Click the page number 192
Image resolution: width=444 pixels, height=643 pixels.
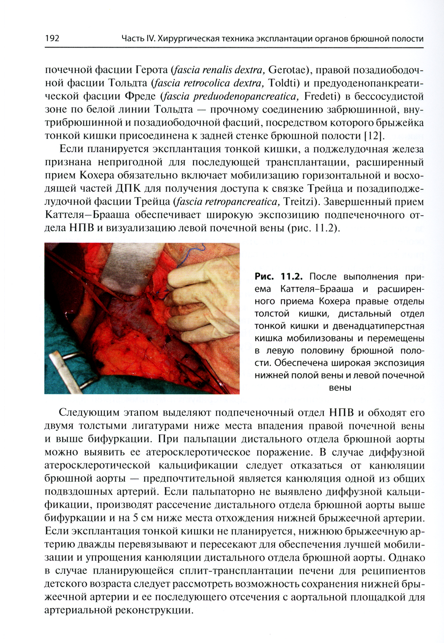[52, 39]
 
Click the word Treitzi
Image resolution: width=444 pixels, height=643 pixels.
[298, 202]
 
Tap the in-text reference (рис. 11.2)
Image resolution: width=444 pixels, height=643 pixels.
[312, 229]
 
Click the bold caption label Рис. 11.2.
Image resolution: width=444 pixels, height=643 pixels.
[278, 276]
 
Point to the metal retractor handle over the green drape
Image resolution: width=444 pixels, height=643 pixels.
[67, 368]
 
